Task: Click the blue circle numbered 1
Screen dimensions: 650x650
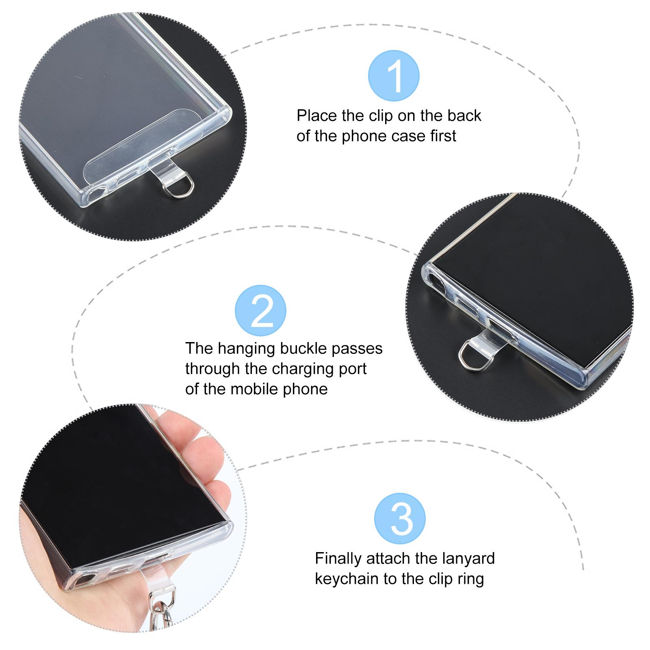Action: tap(394, 76)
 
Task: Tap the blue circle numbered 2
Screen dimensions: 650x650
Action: tap(261, 311)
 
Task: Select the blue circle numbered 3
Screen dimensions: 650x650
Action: tap(400, 518)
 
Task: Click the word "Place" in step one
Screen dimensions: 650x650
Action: tap(317, 116)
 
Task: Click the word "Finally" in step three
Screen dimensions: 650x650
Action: tap(338, 559)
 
